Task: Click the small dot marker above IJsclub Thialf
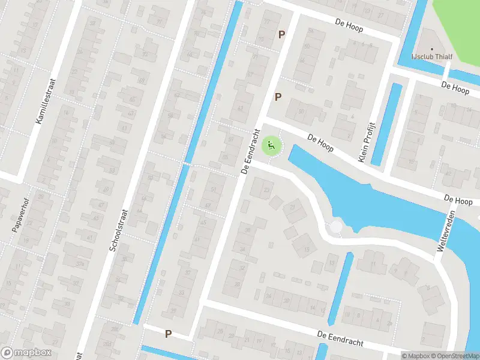(x=433, y=49)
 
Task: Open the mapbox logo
(x=26, y=353)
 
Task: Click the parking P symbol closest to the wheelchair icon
(x=278, y=97)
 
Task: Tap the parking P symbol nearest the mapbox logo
(x=169, y=334)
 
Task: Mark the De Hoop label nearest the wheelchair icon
(x=319, y=142)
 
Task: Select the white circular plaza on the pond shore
(x=336, y=227)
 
